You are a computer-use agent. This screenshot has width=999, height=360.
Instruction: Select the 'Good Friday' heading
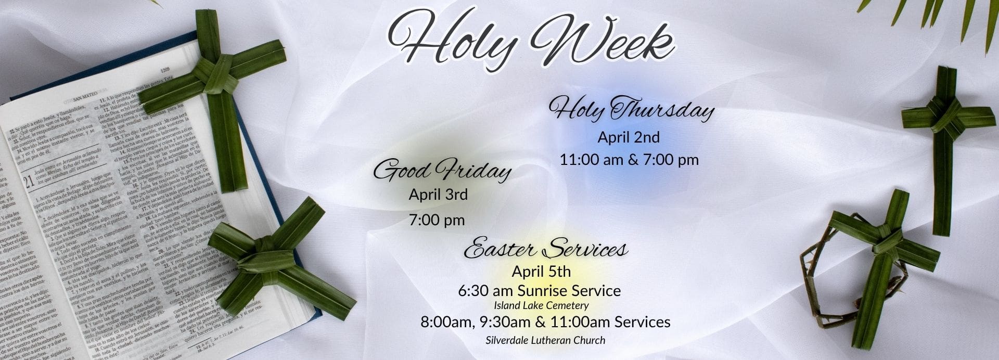tap(442, 171)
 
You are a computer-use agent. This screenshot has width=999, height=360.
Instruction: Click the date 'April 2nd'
tap(628, 137)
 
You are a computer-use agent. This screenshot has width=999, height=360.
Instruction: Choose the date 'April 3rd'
tap(438, 195)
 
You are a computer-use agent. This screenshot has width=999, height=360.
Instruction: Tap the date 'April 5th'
tap(541, 272)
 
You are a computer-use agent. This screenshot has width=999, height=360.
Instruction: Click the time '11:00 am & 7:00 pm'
tap(629, 160)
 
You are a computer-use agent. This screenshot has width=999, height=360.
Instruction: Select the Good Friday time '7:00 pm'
tap(437, 220)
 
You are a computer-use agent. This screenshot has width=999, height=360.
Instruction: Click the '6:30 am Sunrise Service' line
tap(539, 290)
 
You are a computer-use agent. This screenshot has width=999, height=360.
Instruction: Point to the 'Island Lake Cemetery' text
tap(541, 305)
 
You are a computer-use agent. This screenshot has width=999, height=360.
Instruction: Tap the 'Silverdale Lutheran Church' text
tap(545, 340)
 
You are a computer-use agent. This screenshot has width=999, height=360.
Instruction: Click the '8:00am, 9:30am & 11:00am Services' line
tap(545, 322)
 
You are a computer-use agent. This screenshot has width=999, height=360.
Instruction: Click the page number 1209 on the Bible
tap(165, 69)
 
